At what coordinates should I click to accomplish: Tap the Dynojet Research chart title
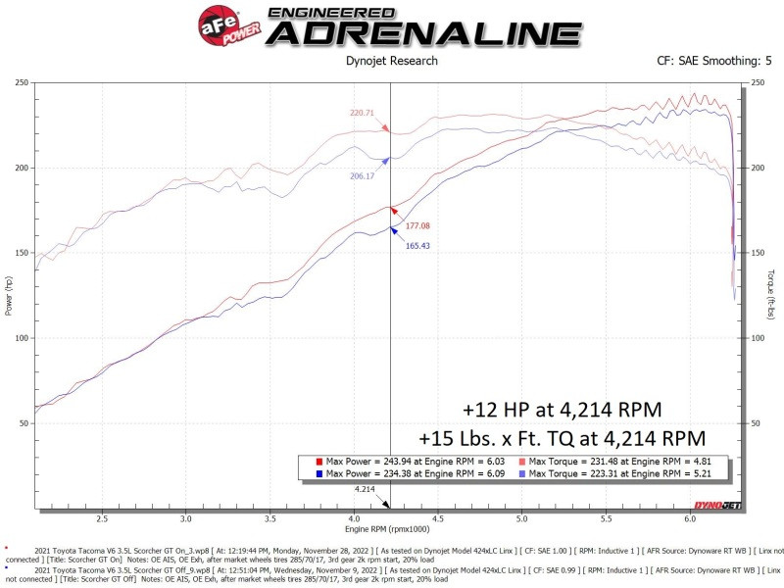392,61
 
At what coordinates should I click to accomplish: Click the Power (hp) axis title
9,295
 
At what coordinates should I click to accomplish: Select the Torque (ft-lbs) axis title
773,295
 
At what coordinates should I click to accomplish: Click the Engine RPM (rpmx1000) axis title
391,530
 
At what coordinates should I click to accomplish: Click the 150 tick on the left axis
21,253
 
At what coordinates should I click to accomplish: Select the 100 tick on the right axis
757,338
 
